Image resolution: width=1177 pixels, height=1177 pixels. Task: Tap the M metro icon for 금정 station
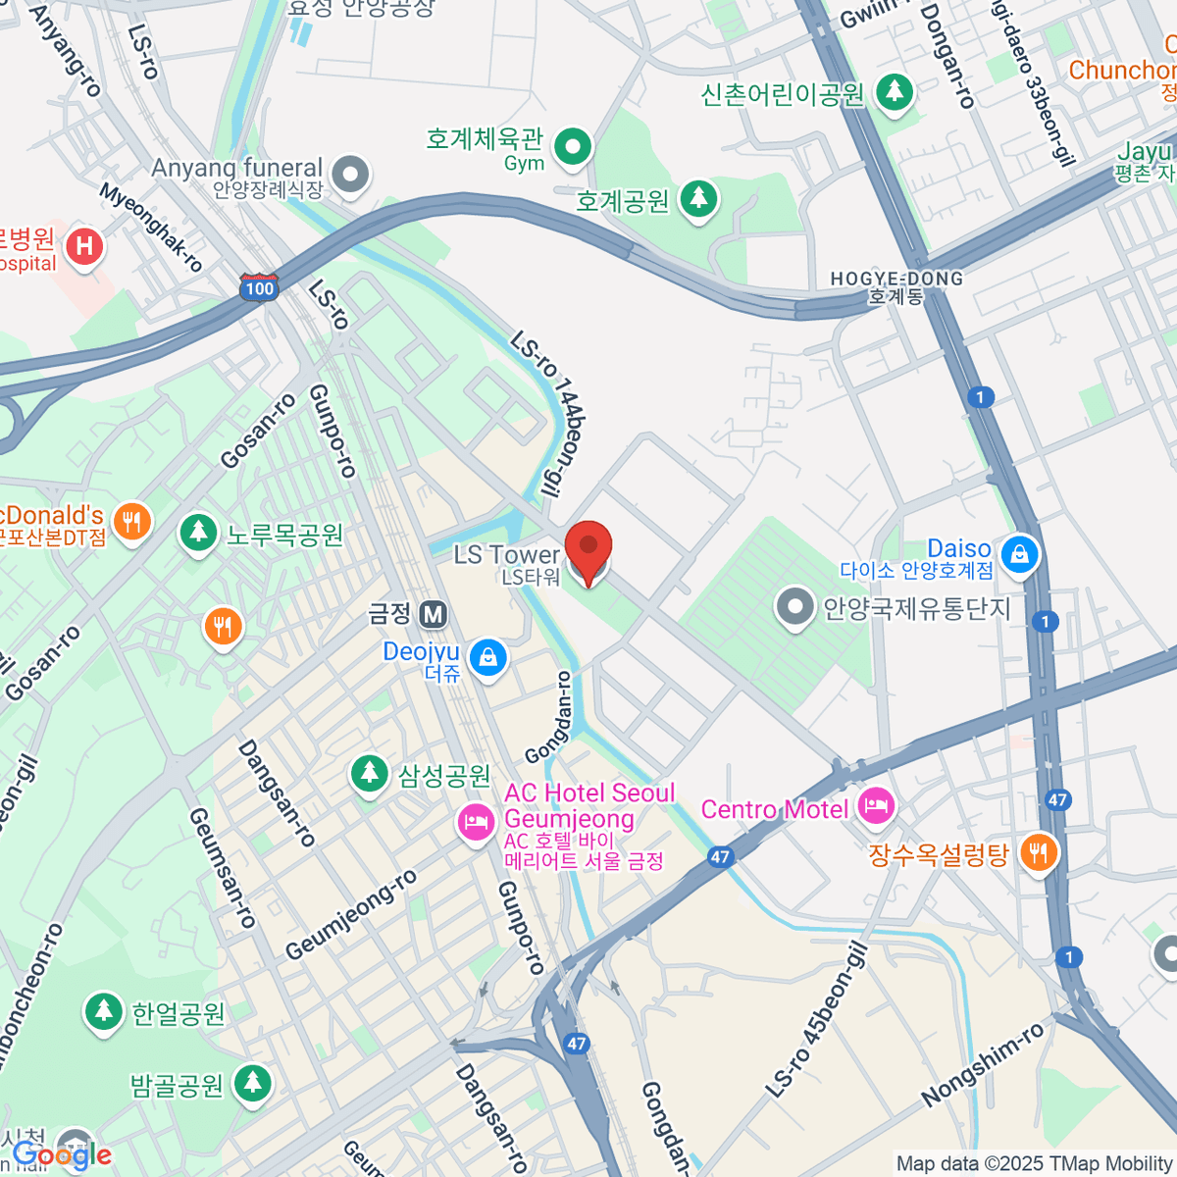point(433,615)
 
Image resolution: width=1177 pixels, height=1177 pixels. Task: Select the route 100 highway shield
point(259,287)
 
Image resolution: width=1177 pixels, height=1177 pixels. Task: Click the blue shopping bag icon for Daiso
point(1020,555)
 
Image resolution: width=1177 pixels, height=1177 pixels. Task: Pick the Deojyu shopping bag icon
point(487,658)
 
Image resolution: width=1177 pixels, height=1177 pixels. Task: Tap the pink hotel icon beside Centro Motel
point(876,807)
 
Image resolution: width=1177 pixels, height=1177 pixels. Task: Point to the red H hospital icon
point(84,245)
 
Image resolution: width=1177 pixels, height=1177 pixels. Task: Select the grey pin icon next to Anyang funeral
point(349,176)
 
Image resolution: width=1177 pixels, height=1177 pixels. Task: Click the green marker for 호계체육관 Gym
point(573,147)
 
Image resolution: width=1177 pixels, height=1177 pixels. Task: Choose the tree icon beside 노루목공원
point(199,534)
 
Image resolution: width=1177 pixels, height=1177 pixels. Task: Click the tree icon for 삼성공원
point(370,774)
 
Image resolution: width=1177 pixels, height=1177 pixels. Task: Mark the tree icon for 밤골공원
point(253,1084)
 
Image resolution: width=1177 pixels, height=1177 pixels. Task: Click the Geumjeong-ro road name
point(351,915)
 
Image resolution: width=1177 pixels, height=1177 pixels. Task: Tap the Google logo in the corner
point(62,1155)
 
